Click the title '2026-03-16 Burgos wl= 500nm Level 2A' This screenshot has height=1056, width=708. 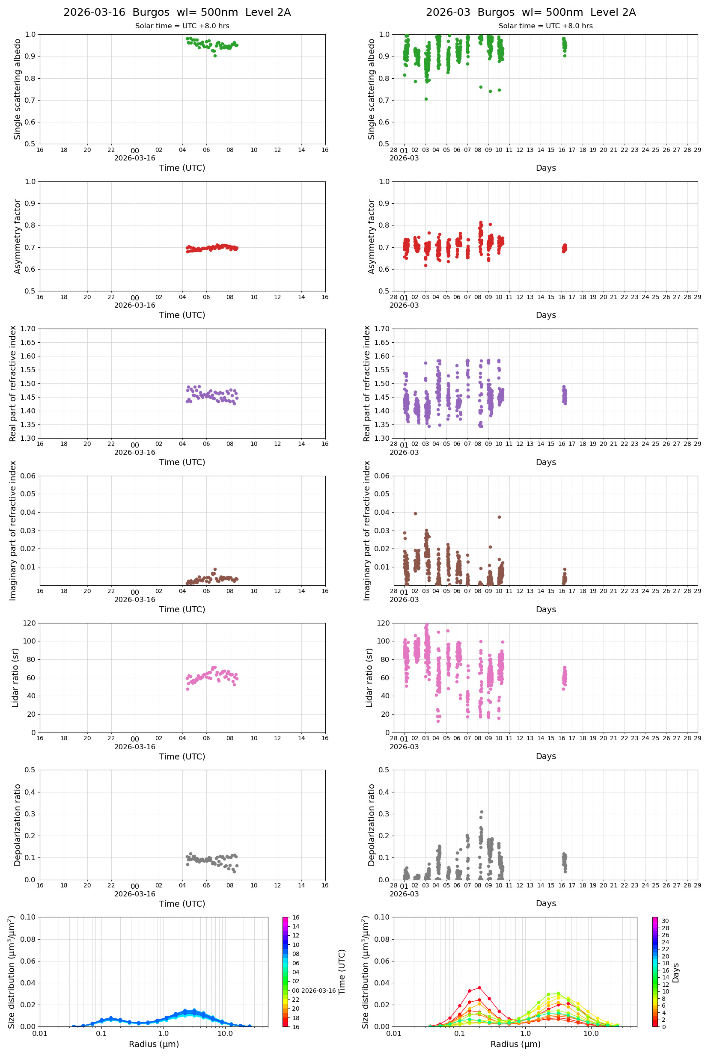pyautogui.click(x=177, y=12)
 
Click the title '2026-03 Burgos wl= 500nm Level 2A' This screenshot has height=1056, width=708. pyautogui.click(x=530, y=12)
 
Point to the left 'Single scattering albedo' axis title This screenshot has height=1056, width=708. pyautogui.click(x=18, y=89)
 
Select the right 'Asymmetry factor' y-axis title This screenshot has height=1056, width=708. pyautogui.click(x=372, y=237)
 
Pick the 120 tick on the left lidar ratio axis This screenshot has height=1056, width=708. pyautogui.click(x=30, y=623)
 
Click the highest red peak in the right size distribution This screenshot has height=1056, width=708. pyautogui.click(x=479, y=988)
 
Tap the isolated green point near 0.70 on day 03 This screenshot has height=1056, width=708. pyautogui.click(x=426, y=99)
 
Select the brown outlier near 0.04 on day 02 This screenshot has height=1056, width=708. pyautogui.click(x=415, y=513)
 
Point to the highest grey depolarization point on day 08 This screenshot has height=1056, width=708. pyautogui.click(x=481, y=812)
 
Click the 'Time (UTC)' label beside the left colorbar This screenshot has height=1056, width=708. pyautogui.click(x=342, y=972)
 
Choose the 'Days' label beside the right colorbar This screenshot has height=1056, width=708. pyautogui.click(x=675, y=973)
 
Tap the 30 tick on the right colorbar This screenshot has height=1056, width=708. pyautogui.click(x=665, y=921)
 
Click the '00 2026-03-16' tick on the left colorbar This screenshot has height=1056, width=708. pyautogui.click(x=314, y=991)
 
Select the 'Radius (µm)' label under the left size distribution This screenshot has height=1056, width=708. pyautogui.click(x=154, y=1044)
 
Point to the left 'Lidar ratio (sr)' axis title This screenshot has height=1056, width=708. pyautogui.click(x=15, y=677)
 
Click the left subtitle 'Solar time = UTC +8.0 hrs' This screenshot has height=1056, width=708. pyautogui.click(x=182, y=26)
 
